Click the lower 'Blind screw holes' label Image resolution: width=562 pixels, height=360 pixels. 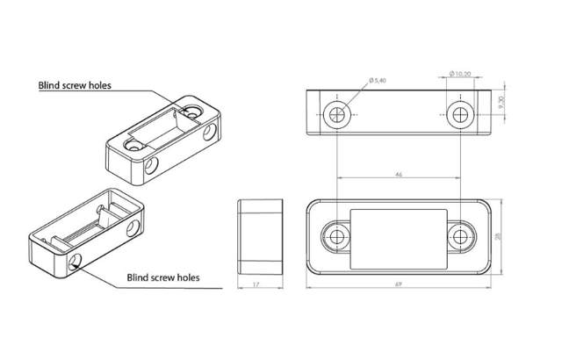[x=162, y=277]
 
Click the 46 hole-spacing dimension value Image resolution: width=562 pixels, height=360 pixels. [x=400, y=176]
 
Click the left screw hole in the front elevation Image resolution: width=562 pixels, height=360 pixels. [x=337, y=114]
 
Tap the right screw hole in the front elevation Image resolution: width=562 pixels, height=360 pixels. [x=462, y=114]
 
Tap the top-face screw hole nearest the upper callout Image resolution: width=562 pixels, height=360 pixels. [x=193, y=112]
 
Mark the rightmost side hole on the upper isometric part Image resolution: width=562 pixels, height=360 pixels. [x=209, y=133]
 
